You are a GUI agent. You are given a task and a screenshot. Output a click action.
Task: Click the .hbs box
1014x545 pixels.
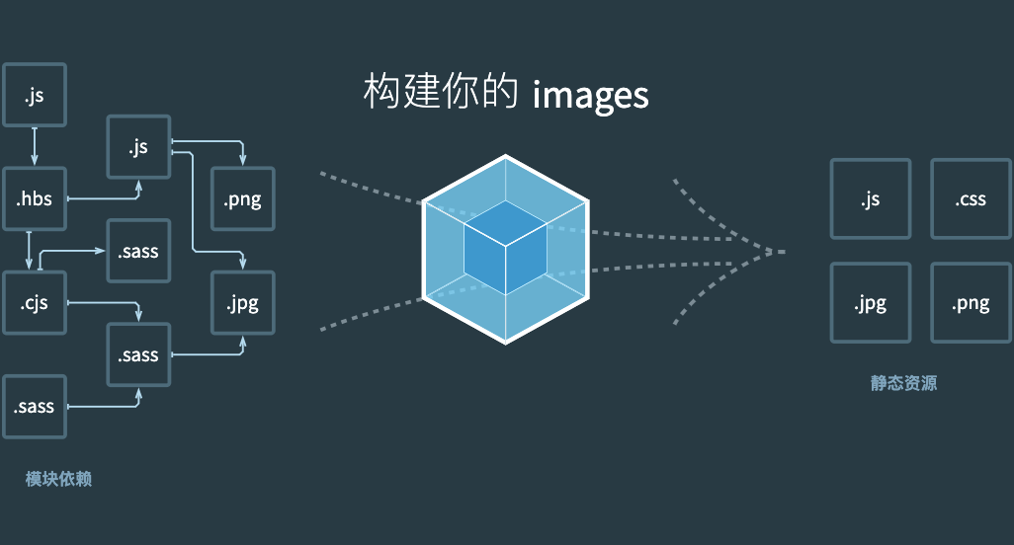[35, 199]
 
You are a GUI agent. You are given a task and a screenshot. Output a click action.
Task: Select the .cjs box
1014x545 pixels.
[35, 302]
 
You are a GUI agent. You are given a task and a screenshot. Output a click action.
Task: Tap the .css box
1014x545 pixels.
[971, 199]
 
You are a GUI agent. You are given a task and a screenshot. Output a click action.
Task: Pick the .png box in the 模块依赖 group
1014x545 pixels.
[242, 199]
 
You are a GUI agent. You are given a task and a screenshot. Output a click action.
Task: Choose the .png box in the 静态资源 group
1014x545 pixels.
[971, 303]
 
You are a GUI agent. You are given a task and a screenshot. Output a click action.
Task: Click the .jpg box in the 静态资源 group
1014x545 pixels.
[871, 303]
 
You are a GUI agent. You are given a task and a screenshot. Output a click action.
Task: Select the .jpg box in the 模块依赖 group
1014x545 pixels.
[242, 302]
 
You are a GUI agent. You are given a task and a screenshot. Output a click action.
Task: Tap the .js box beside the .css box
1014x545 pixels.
[871, 199]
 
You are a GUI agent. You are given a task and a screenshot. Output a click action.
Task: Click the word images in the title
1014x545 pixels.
[591, 95]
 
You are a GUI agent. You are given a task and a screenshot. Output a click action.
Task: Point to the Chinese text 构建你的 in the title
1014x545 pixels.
[441, 94]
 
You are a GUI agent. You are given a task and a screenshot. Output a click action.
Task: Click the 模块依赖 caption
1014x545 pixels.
[58, 480]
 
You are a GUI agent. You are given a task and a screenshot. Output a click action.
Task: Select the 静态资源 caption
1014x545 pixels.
[903, 383]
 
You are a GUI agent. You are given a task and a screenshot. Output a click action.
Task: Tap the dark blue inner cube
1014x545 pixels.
[505, 247]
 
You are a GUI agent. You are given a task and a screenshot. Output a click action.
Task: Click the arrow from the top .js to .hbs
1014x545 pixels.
[35, 146]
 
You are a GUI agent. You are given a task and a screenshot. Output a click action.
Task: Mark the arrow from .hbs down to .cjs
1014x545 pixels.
[29, 250]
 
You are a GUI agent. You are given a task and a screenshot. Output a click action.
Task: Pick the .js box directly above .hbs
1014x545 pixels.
[35, 95]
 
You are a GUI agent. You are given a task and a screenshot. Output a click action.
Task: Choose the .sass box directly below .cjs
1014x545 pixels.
[35, 406]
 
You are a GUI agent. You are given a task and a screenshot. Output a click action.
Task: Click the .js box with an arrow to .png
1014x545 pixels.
[138, 147]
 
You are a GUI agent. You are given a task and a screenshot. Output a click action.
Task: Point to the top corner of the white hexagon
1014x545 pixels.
[506, 156]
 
